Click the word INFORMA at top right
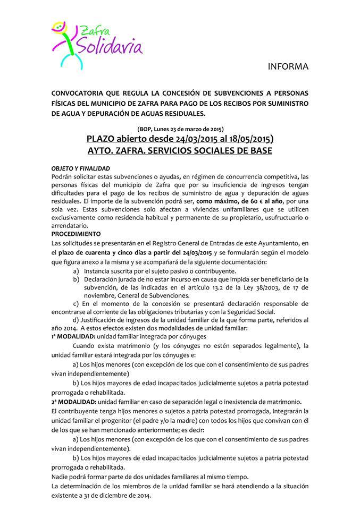click(x=288, y=67)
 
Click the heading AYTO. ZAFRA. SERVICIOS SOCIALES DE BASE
click(x=180, y=151)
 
